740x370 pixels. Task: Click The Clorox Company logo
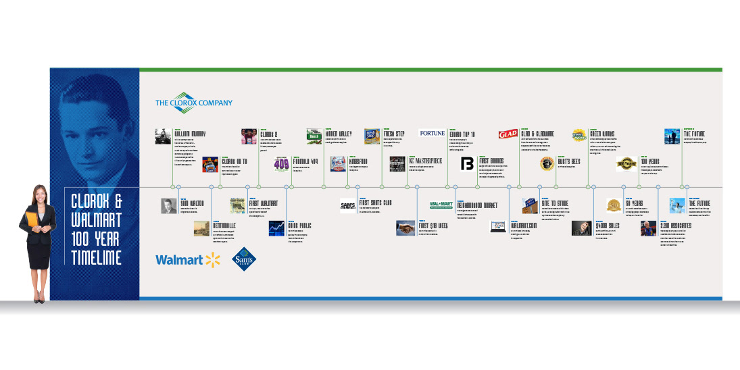tap(194, 103)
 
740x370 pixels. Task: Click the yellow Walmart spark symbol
tap(214, 259)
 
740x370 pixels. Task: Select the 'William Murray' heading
tap(190, 134)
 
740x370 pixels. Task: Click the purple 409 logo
tap(281, 164)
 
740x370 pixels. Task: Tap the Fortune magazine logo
tap(432, 134)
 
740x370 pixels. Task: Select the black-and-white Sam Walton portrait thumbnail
tap(168, 206)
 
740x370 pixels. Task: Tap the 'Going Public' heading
tap(301, 226)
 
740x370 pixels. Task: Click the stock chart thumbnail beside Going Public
tap(277, 228)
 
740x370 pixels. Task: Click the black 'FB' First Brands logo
tap(468, 164)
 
